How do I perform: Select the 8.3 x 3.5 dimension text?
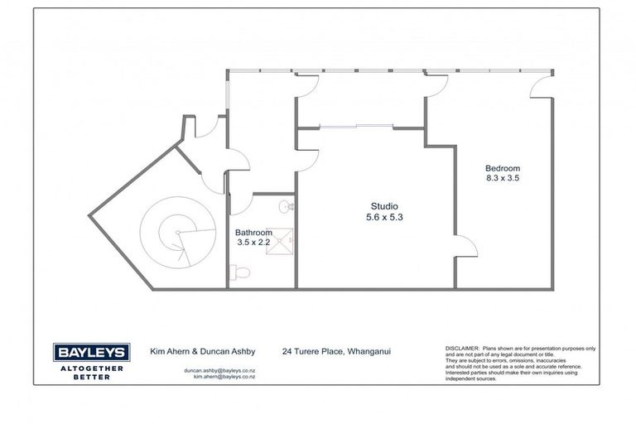[503, 177]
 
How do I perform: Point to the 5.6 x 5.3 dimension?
[385, 218]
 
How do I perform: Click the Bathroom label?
[253, 233]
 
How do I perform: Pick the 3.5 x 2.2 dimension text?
[253, 244]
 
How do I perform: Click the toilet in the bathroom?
[239, 270]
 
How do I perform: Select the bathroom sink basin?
[284, 205]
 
